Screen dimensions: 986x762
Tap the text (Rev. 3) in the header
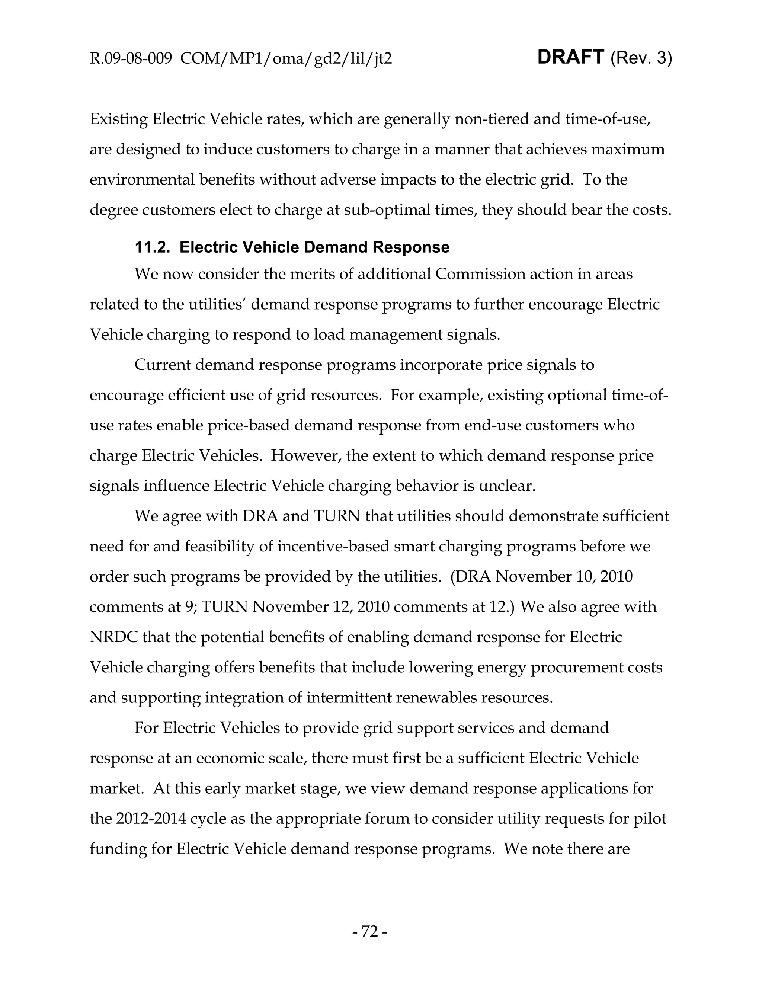(641, 58)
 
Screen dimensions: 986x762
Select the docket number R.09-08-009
(131, 59)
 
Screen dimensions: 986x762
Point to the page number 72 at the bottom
(369, 931)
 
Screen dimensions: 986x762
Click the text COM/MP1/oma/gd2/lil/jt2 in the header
(286, 59)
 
